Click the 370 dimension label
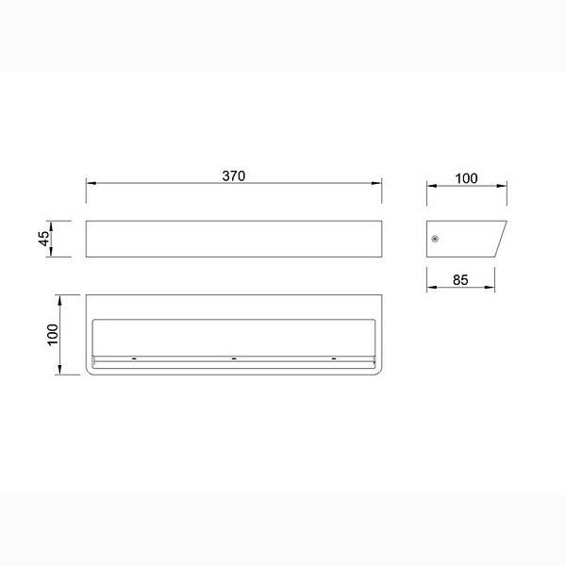(234, 175)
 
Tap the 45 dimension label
(43, 239)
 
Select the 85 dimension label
(460, 280)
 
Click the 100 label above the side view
(466, 178)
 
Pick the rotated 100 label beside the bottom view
(53, 335)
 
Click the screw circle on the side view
(435, 239)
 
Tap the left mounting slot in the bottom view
(134, 358)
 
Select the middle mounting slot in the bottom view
(234, 358)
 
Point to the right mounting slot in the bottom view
(334, 358)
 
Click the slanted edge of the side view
(501, 239)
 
